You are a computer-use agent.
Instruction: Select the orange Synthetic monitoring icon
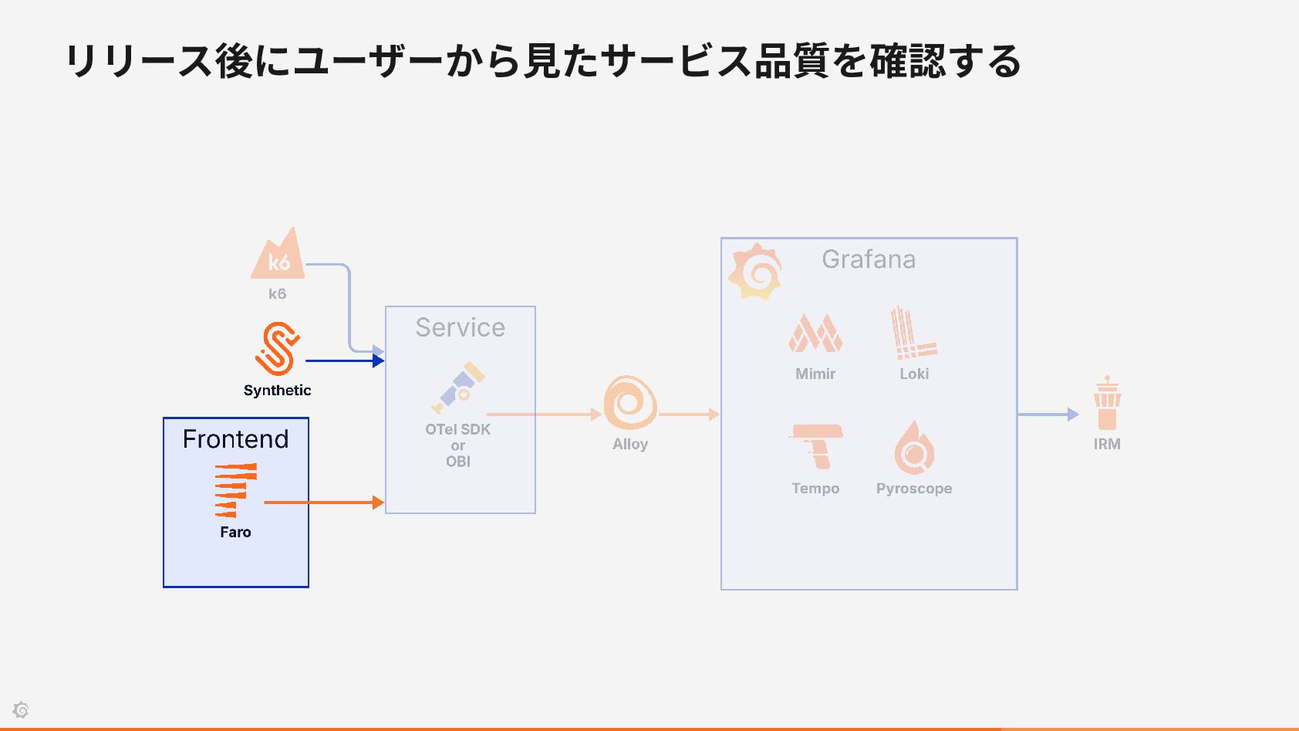(x=278, y=349)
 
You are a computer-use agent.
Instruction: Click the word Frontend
(x=235, y=439)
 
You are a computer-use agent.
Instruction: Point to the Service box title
(x=461, y=328)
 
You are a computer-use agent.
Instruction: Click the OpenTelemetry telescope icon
(x=458, y=387)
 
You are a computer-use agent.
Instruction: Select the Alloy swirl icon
(x=630, y=403)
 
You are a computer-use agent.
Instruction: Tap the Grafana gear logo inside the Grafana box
(x=755, y=272)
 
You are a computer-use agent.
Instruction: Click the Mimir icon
(x=815, y=333)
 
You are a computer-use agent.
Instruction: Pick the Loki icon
(x=914, y=333)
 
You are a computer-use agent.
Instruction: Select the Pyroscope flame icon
(x=914, y=447)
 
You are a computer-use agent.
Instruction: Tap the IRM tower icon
(x=1107, y=403)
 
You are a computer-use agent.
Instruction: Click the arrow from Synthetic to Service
(x=345, y=360)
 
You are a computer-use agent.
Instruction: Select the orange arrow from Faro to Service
(x=324, y=503)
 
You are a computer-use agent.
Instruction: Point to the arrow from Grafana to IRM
(x=1048, y=415)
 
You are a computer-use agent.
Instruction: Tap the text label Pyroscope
(x=914, y=489)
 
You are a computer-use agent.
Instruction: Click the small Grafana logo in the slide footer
(x=21, y=709)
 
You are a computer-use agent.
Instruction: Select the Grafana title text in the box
(x=869, y=259)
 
